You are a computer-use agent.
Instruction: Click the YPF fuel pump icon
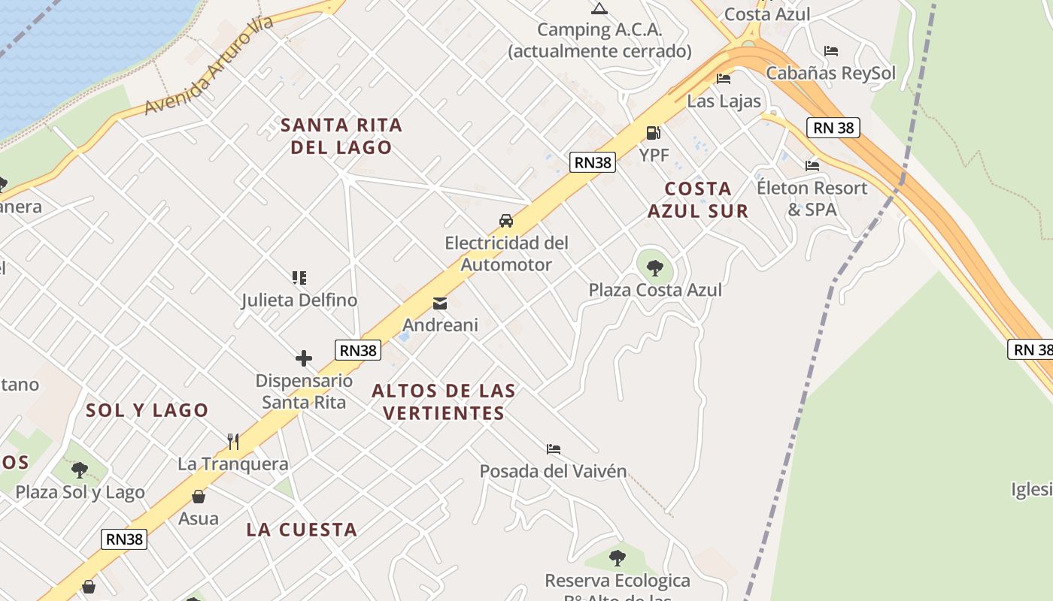pyautogui.click(x=653, y=133)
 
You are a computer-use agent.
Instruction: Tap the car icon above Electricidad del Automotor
pyautogui.click(x=506, y=221)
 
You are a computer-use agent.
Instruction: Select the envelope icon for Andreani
pyautogui.click(x=440, y=304)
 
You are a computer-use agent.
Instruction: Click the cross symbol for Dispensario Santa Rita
pyautogui.click(x=304, y=358)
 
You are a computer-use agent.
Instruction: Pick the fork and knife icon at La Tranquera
pyautogui.click(x=233, y=441)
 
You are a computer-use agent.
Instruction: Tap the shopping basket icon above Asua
pyautogui.click(x=199, y=497)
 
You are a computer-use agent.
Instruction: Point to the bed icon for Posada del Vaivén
pyautogui.click(x=554, y=449)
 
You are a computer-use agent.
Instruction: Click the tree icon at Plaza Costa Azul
pyautogui.click(x=655, y=267)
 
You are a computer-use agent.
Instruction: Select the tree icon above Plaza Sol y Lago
pyautogui.click(x=80, y=470)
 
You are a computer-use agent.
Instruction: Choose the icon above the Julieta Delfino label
pyautogui.click(x=299, y=278)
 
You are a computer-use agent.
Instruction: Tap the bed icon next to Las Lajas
pyautogui.click(x=724, y=78)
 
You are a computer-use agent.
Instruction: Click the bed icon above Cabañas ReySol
pyautogui.click(x=831, y=51)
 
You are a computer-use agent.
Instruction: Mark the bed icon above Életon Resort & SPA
pyautogui.click(x=812, y=165)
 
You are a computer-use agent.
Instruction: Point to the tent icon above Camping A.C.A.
pyautogui.click(x=599, y=9)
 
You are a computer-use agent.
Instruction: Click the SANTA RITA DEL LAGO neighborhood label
pyautogui.click(x=341, y=136)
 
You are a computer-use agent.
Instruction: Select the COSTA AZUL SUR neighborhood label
pyautogui.click(x=698, y=200)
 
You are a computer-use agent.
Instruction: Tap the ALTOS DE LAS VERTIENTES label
pyautogui.click(x=444, y=402)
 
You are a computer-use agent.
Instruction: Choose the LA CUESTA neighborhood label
pyautogui.click(x=302, y=530)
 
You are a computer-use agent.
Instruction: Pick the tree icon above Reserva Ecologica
pyautogui.click(x=618, y=557)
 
